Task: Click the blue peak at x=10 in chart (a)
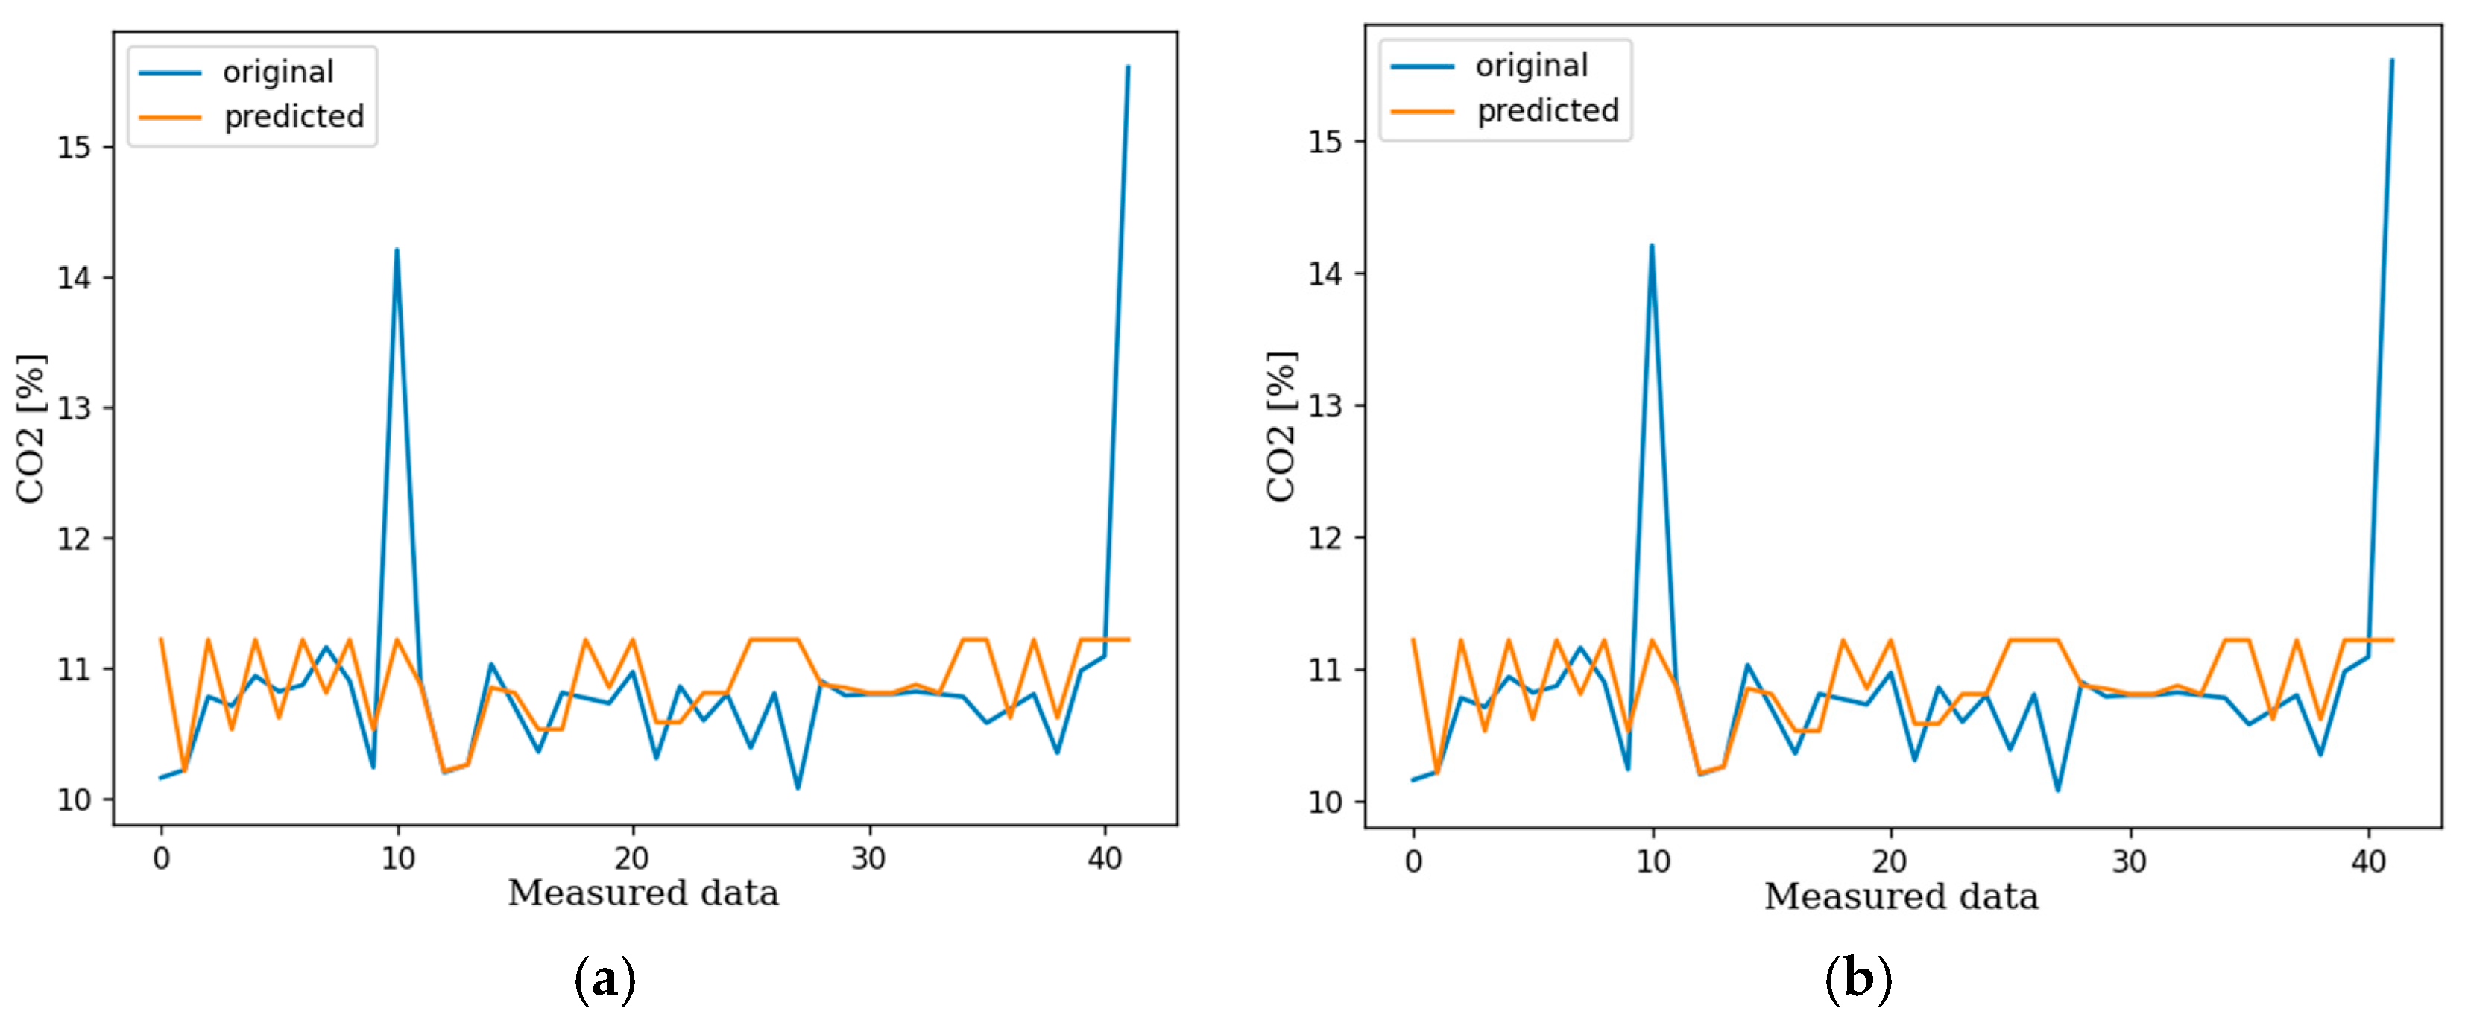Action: click(x=397, y=251)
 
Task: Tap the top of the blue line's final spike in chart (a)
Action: click(x=1128, y=67)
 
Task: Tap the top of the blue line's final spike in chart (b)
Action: click(x=2391, y=61)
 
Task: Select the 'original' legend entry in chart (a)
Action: click(x=278, y=72)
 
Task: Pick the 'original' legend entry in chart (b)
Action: click(x=1531, y=66)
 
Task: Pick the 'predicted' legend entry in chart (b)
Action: click(x=1547, y=111)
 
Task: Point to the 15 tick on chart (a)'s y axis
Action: click(x=74, y=148)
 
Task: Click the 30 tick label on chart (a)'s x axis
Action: click(x=868, y=858)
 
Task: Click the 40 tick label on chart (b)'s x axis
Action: click(x=2367, y=861)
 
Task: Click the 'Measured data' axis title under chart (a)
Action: click(x=643, y=893)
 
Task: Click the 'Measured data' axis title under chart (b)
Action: click(x=1901, y=897)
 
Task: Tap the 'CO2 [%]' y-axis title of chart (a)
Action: click(x=31, y=428)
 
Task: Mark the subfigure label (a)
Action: click(x=605, y=979)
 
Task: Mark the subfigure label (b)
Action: click(x=1858, y=979)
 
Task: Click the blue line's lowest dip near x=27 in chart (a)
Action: click(x=797, y=788)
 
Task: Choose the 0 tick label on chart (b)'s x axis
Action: click(x=1413, y=861)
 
